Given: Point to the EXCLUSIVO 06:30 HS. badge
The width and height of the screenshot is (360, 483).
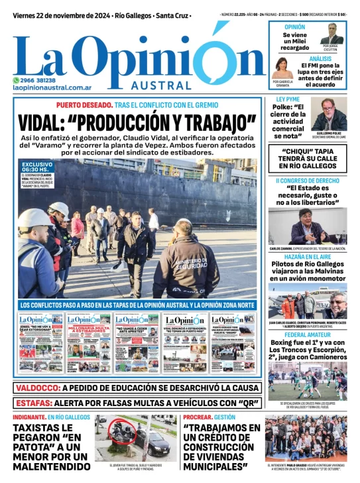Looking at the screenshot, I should (x=37, y=169).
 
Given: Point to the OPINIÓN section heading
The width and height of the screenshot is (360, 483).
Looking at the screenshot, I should (x=294, y=27).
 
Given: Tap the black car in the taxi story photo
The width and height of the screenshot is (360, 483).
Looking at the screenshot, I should (x=153, y=443).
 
